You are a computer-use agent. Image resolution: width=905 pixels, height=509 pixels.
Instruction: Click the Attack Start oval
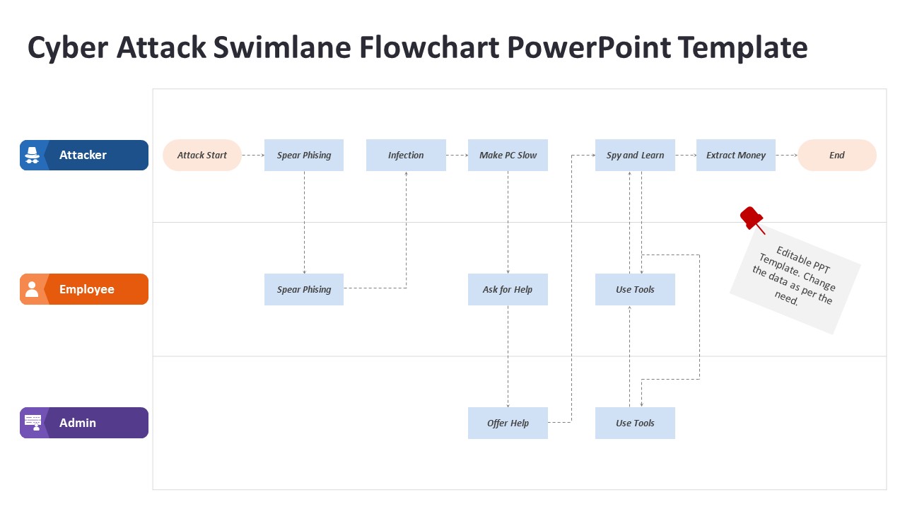202,156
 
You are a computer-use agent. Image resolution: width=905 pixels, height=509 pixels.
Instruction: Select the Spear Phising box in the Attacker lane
304,156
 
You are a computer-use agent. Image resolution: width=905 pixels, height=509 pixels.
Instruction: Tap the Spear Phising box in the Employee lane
304,289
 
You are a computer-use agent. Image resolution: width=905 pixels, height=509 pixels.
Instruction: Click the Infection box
406,156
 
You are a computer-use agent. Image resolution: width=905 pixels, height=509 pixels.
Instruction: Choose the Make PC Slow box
508,156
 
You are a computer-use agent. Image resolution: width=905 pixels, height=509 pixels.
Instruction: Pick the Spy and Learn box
635,156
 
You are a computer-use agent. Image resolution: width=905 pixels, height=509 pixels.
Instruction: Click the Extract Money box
736,156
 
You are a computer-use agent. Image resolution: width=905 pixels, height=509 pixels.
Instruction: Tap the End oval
837,156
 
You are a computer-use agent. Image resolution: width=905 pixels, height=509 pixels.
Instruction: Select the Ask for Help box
508,289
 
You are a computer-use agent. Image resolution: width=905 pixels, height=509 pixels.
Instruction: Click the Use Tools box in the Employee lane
635,289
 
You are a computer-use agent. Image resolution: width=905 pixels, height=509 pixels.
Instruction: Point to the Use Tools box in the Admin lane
635,423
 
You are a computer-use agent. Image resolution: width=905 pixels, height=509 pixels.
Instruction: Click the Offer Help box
508,423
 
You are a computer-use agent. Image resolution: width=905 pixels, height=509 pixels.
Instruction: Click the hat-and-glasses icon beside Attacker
32,156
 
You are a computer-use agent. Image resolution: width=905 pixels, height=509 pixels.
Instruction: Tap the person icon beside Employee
32,289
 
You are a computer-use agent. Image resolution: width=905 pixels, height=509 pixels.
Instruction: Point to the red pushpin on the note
751,218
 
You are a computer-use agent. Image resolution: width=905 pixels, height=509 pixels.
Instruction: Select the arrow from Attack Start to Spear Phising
253,156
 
